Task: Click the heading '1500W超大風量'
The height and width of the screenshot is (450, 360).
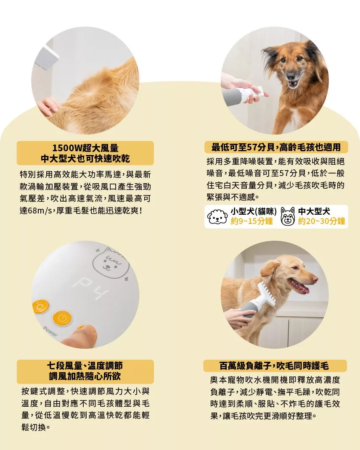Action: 85,148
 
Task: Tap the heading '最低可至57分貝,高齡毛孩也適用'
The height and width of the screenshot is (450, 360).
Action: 276,147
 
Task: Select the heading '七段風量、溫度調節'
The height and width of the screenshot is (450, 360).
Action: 85,366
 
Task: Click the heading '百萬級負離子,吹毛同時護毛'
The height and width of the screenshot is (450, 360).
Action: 274,366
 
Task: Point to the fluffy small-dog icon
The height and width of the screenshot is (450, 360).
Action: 217,217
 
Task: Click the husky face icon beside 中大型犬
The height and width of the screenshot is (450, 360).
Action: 288,216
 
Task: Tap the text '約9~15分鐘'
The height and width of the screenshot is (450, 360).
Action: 251,221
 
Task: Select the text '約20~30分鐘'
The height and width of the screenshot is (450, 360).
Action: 321,221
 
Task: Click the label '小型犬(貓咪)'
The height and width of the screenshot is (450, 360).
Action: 254,212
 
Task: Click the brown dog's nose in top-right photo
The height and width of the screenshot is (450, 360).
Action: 291,76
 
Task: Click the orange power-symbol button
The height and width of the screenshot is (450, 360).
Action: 62,318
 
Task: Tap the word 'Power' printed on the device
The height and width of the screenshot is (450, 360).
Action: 50,332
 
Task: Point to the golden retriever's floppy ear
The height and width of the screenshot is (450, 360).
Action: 270,269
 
